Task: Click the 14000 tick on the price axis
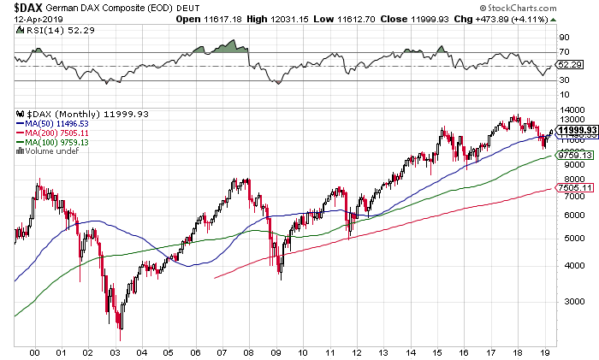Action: pos(570,110)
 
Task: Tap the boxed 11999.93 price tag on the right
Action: pos(575,129)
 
